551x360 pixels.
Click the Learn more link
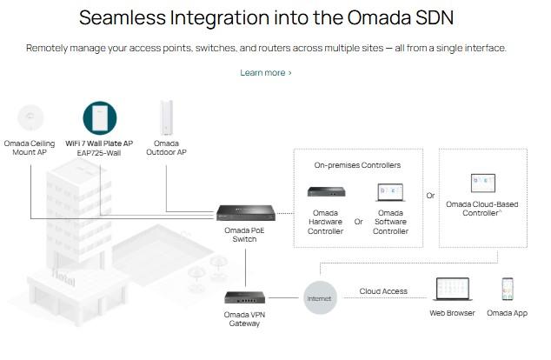[265, 73]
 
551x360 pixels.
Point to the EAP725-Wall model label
[99, 153]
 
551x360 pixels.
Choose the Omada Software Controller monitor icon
[390, 192]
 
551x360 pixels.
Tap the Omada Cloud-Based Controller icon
[482, 183]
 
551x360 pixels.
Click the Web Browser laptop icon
[452, 290]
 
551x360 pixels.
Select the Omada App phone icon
[507, 289]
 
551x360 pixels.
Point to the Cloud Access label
[382, 292]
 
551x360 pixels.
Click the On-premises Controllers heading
[357, 165]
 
